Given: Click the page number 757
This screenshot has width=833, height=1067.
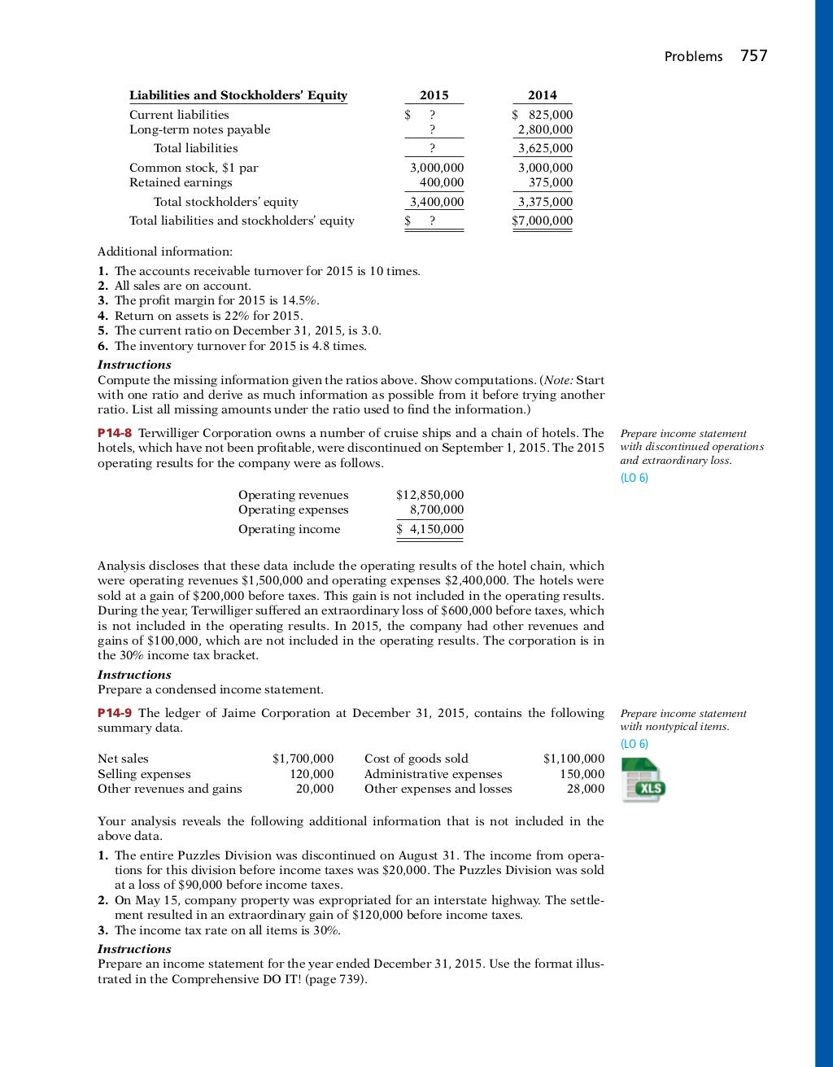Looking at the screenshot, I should (754, 55).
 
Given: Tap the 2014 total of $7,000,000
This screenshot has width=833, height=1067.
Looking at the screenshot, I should (543, 221).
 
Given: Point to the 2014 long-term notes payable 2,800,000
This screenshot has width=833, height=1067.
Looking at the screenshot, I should (545, 129).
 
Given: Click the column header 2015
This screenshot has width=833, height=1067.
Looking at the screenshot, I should (434, 95).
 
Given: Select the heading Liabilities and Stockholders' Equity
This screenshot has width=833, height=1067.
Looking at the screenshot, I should (238, 95).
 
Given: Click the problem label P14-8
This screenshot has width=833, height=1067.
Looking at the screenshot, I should (115, 433).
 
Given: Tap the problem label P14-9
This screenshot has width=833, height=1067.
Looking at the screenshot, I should (115, 713).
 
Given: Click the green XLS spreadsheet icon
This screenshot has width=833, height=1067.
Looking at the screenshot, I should (643, 780).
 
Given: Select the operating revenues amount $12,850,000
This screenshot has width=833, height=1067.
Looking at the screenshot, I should (430, 495).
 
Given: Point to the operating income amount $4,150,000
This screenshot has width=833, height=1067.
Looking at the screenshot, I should (430, 529).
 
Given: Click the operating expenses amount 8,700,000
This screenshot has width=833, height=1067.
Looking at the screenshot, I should (437, 509).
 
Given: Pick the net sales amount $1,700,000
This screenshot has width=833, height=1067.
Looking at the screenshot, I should (303, 759).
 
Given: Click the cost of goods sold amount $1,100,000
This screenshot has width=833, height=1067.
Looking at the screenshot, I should (574, 759).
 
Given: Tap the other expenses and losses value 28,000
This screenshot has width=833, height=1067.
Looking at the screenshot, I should (586, 788).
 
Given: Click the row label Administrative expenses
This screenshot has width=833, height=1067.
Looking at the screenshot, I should (433, 773).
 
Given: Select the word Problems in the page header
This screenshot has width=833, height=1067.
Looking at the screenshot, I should (693, 56).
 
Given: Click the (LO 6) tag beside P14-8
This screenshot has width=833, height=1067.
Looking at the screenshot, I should (634, 478).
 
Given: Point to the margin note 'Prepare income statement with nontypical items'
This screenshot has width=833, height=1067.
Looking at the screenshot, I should (683, 719).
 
